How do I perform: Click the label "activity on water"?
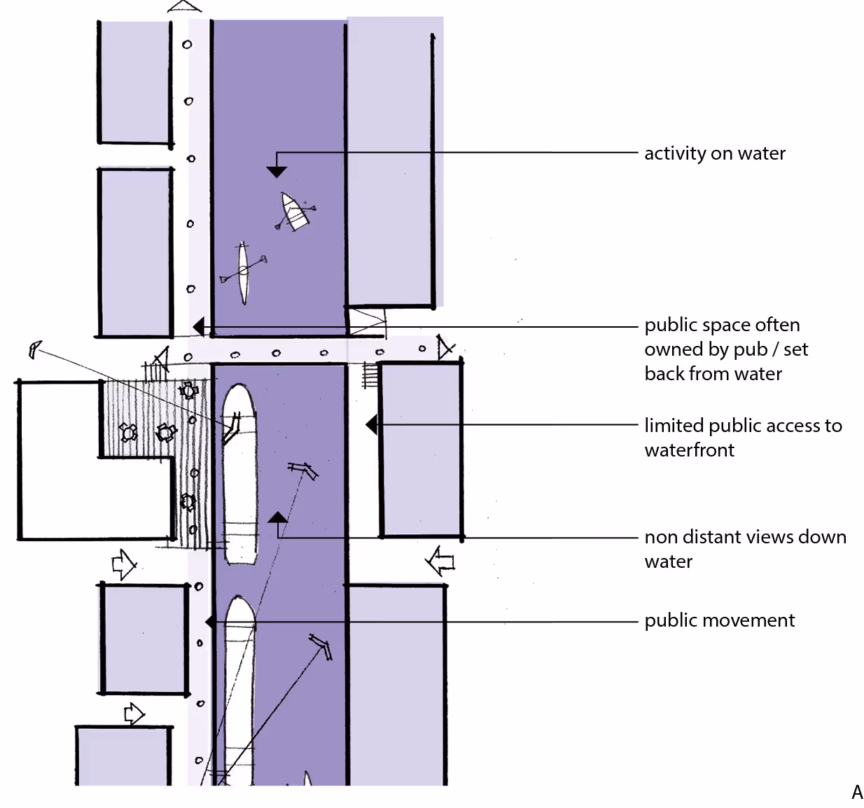tap(714, 153)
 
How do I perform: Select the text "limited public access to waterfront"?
tap(742, 438)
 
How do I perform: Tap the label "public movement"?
tap(719, 620)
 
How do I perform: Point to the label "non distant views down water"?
tap(744, 549)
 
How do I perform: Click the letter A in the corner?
tap(857, 792)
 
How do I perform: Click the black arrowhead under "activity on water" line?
tap(277, 172)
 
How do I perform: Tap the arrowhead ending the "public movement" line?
tap(210, 622)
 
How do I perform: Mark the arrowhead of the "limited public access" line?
tap(372, 424)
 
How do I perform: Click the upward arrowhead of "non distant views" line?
tap(277, 518)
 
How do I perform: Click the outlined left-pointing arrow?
tap(440, 562)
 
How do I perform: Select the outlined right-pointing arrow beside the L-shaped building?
tap(124, 563)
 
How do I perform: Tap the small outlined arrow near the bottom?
tap(133, 714)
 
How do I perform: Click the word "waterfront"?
tap(689, 450)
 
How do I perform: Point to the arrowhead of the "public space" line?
tap(198, 326)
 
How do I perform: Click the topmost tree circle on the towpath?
tap(187, 45)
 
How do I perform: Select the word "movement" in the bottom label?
tap(748, 620)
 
